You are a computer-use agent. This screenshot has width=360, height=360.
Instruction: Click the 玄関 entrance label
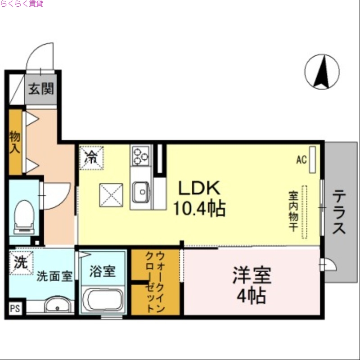(41, 89)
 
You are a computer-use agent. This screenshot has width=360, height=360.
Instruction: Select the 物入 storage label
(15, 142)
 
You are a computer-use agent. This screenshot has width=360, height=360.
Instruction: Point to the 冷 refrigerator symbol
(91, 157)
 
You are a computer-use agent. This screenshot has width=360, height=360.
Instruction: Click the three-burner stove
(141, 156)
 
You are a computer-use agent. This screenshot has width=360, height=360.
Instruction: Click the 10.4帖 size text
(200, 208)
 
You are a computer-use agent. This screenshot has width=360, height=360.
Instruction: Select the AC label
(301, 159)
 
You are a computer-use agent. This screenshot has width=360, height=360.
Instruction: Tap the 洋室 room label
(252, 275)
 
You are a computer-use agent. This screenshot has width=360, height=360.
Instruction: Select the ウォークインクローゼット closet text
(155, 283)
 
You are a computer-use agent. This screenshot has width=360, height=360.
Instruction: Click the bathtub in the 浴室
(103, 300)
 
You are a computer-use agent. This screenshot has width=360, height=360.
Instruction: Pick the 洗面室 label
(54, 276)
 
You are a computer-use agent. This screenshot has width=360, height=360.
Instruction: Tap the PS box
(15, 309)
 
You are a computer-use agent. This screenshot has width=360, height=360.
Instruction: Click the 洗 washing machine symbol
(20, 263)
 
